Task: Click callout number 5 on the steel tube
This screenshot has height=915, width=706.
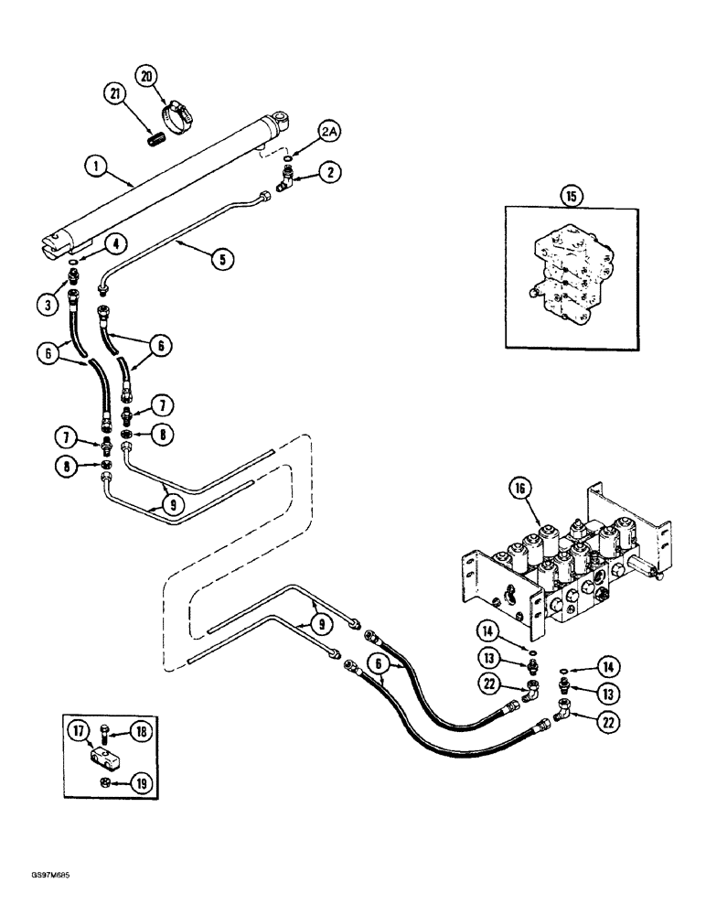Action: [x=220, y=260]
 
